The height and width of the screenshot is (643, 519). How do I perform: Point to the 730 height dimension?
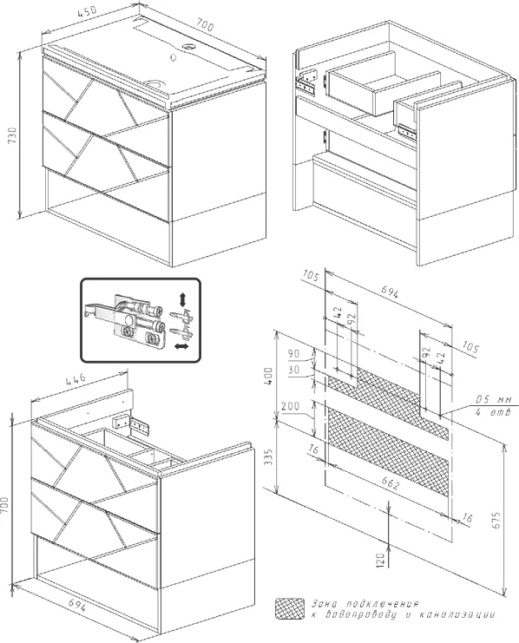[x=13, y=135]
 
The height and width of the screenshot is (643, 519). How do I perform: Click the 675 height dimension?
[x=496, y=520]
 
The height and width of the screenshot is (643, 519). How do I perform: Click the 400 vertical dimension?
[x=268, y=376]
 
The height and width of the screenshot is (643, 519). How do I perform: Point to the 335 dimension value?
[x=268, y=456]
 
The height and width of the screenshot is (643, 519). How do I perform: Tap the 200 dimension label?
[x=290, y=406]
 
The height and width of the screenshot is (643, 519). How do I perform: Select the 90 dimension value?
[x=293, y=353]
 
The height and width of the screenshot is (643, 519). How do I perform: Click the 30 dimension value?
[x=293, y=370]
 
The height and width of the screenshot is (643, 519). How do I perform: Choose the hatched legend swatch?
[x=289, y=608]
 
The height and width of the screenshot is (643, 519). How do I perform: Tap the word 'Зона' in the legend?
[x=325, y=604]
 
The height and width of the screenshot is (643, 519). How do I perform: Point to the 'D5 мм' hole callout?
[x=492, y=399]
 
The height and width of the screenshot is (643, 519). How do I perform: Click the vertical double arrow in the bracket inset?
[x=182, y=299]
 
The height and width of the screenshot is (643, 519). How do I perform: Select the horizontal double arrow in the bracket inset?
[x=181, y=347]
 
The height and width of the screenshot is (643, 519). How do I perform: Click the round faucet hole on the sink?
[x=189, y=46]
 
